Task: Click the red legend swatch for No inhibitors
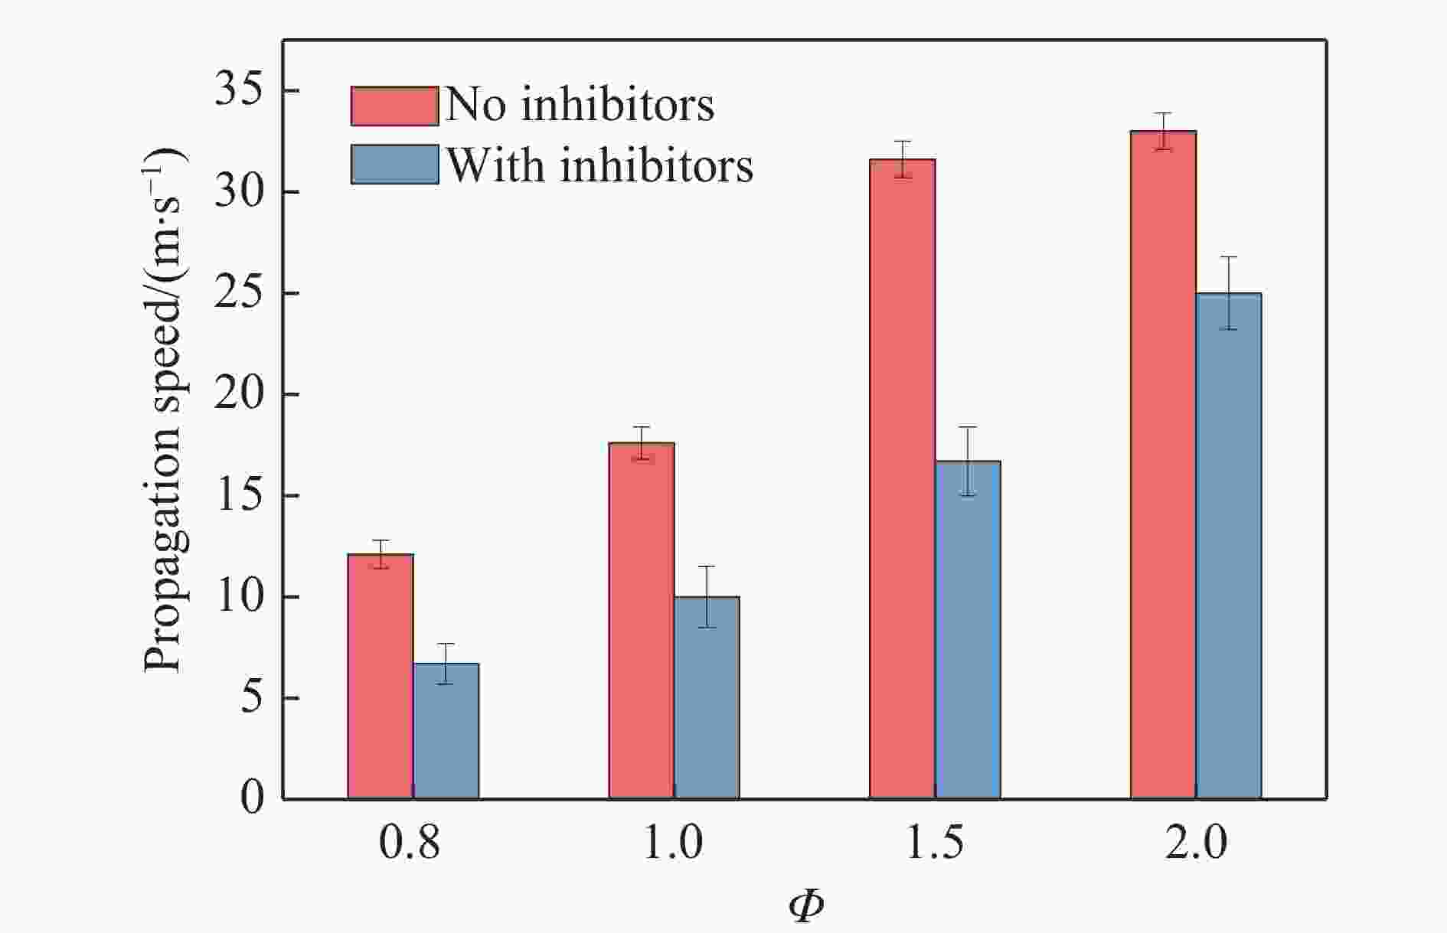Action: point(394,106)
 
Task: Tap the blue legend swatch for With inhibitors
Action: point(394,165)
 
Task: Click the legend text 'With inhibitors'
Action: point(599,165)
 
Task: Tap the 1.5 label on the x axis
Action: point(935,843)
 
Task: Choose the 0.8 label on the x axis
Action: point(410,843)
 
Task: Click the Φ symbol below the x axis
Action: point(805,906)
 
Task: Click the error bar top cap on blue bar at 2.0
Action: point(1229,257)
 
